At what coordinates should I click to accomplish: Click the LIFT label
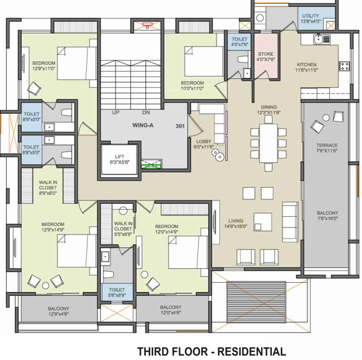(x=119, y=156)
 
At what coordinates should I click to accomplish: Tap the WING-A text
(x=143, y=126)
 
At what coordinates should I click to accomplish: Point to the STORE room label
(x=266, y=54)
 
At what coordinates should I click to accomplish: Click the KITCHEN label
(x=306, y=65)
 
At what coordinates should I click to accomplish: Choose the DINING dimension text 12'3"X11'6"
(x=268, y=113)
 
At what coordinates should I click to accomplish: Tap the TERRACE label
(x=327, y=145)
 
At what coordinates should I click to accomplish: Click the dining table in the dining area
(x=268, y=142)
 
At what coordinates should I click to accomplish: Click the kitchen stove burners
(x=344, y=66)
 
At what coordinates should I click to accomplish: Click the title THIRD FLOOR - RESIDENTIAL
(x=212, y=351)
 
